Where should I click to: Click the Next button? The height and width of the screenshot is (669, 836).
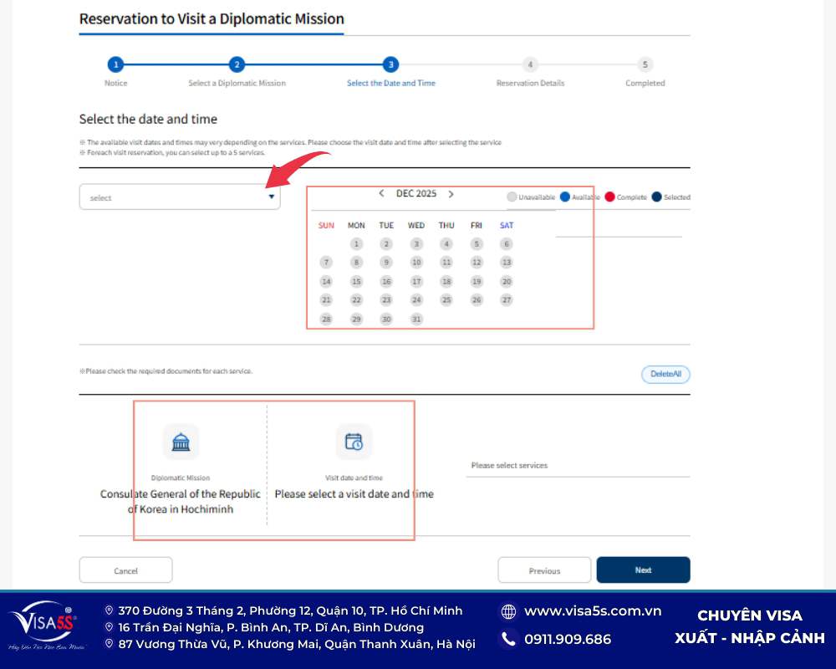pos(643,569)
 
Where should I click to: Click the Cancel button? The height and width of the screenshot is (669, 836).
pos(125,570)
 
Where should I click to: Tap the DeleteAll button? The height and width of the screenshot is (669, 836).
pos(665,374)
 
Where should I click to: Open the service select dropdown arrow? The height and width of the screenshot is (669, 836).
pos(271,197)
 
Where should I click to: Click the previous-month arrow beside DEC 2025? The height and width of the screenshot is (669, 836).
pos(382,193)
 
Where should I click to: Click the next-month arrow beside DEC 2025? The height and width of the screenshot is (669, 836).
pos(451,193)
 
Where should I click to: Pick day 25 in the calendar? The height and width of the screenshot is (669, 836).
pos(446,299)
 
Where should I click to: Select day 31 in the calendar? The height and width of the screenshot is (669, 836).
pos(416,319)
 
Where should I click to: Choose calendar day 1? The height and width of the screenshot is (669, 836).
pos(356,244)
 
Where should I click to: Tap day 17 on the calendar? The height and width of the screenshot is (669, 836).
pos(416,282)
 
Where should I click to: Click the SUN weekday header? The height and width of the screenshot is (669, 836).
pos(326,225)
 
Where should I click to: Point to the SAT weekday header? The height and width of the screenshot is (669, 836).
pos(507,225)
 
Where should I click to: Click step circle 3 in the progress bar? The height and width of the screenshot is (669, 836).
pos(390,64)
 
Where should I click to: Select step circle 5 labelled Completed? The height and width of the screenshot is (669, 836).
pos(645,64)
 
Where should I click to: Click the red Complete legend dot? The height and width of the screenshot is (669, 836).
pos(610,197)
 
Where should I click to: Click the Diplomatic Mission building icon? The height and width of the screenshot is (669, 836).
pos(181,442)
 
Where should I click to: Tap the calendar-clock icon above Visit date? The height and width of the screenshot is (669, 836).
pos(354,442)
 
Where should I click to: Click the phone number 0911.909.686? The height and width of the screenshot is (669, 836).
pos(568,639)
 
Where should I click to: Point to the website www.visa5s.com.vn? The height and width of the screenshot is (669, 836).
pos(593,611)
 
